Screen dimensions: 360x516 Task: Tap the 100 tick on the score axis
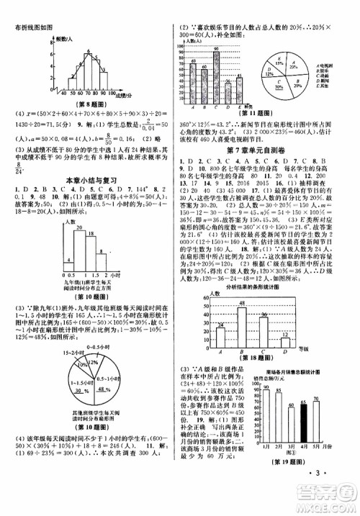coord(106,94)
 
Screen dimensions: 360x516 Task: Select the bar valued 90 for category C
coord(217,78)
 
